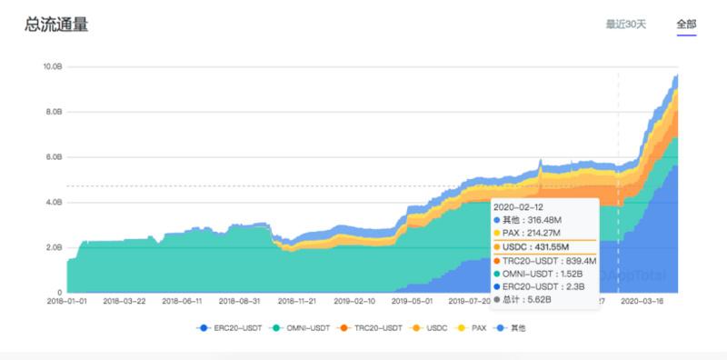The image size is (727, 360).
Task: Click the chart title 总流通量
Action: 56,25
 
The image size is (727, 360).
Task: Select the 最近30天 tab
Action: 625,24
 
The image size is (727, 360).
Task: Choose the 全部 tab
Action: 686,24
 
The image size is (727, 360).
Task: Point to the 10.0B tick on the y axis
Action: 52,66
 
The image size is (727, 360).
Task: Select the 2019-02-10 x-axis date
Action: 355,299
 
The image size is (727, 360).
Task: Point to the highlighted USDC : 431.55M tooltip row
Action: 537,246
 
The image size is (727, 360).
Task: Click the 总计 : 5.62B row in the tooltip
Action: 528,298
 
